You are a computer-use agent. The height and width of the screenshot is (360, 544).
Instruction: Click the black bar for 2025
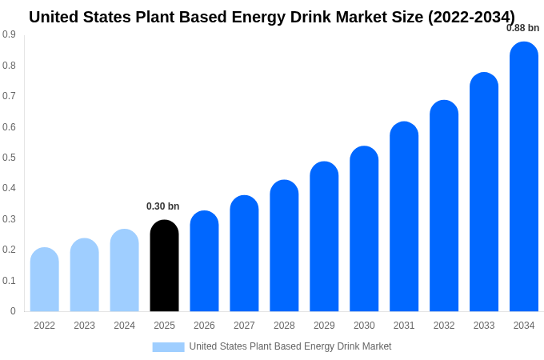pyautogui.click(x=164, y=266)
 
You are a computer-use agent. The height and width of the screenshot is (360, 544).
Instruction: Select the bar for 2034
pyautogui.click(x=524, y=177)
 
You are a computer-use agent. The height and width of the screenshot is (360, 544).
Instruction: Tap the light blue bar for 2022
pyautogui.click(x=45, y=279)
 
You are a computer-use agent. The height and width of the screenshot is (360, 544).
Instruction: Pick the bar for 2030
pyautogui.click(x=364, y=229)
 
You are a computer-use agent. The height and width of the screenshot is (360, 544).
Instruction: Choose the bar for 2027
pyautogui.click(x=244, y=254)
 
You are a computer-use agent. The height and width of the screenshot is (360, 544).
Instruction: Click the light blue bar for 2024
pyautogui.click(x=124, y=270)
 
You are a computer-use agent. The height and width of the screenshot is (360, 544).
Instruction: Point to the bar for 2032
pyautogui.click(x=444, y=206)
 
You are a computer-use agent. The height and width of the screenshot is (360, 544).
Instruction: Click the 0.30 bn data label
pyautogui.click(x=163, y=206)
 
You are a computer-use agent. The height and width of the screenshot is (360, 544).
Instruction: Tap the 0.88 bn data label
pyautogui.click(x=522, y=28)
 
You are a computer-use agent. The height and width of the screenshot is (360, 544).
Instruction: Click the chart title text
pyautogui.click(x=272, y=17)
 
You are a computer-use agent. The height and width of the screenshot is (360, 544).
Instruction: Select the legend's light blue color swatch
pyautogui.click(x=168, y=346)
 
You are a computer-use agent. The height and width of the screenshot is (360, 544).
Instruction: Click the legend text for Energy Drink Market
pyautogui.click(x=290, y=346)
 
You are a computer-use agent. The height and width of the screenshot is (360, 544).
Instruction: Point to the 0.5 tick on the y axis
pyautogui.click(x=9, y=158)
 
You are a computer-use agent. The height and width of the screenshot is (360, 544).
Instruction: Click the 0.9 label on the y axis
pyautogui.click(x=9, y=34)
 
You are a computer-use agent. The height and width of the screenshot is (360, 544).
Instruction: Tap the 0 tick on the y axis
pyautogui.click(x=13, y=311)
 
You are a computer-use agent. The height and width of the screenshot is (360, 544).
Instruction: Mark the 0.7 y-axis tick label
pyautogui.click(x=9, y=96)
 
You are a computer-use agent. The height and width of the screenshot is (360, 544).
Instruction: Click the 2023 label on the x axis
pyautogui.click(x=84, y=326)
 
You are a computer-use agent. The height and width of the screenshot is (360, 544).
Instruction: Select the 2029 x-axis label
pyautogui.click(x=324, y=326)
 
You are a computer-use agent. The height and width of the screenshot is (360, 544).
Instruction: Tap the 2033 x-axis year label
pyautogui.click(x=484, y=326)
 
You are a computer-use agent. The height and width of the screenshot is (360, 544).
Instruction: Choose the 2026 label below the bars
pyautogui.click(x=204, y=326)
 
